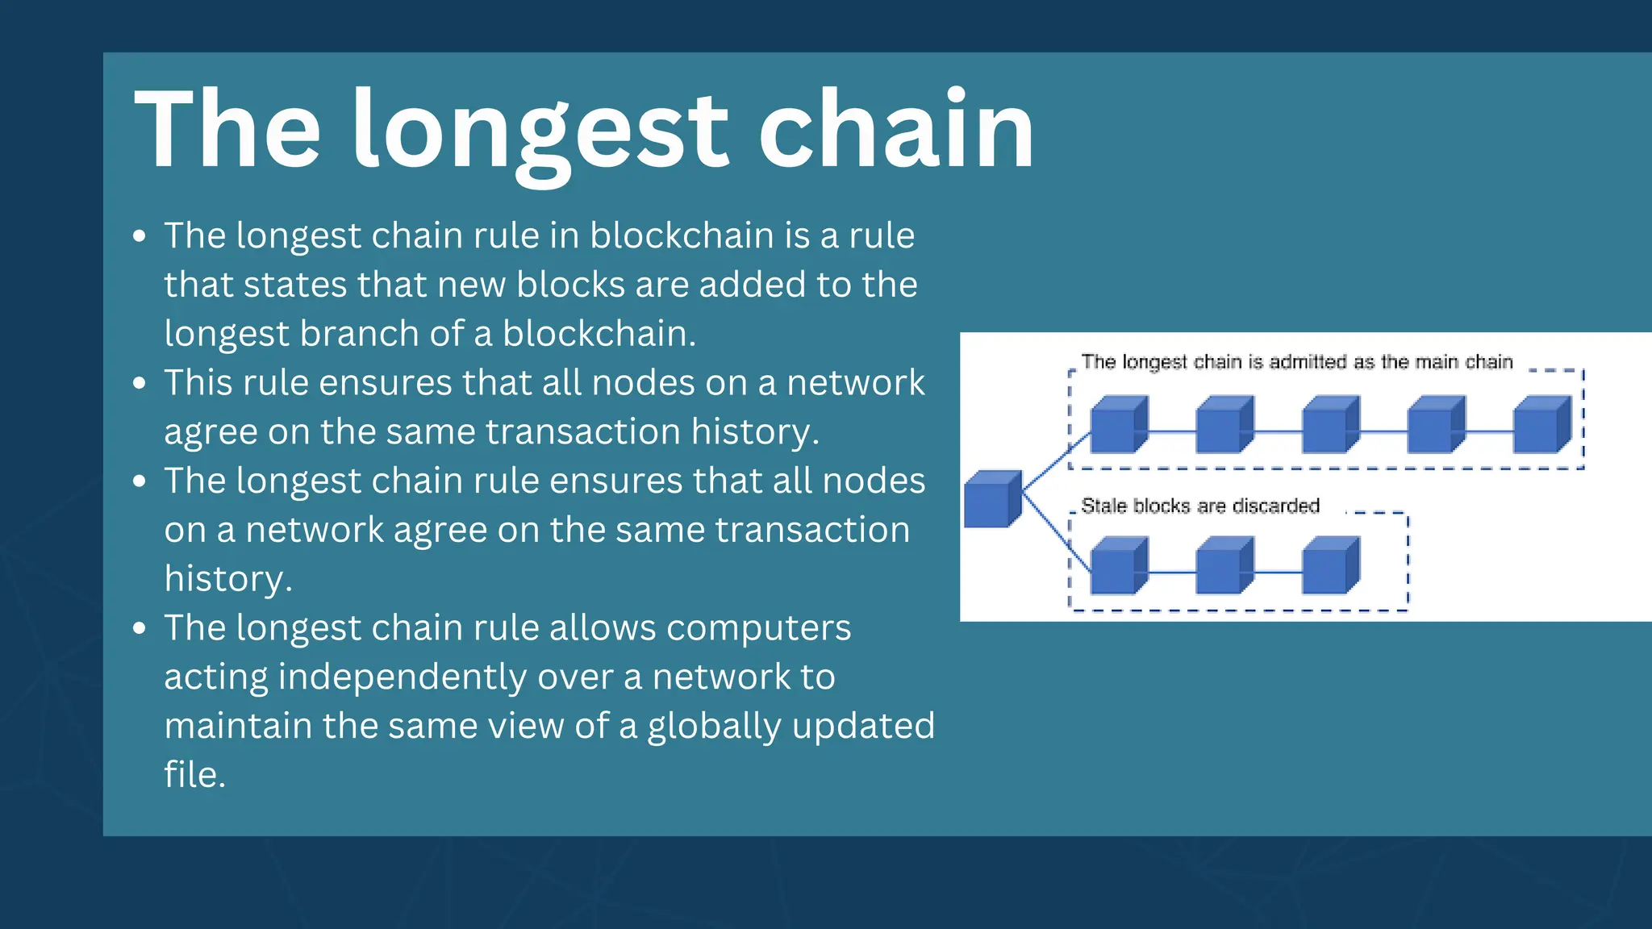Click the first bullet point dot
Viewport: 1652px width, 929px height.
coord(140,236)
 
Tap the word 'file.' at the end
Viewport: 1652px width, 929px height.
coord(194,775)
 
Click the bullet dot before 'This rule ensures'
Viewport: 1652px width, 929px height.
coord(140,383)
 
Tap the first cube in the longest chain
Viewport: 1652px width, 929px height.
coord(1117,425)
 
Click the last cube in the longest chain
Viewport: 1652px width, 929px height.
coord(1541,425)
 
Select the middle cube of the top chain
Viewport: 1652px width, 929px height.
coord(1329,425)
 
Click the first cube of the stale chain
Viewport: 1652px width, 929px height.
coord(1117,566)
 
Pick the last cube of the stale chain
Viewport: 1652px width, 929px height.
coord(1329,566)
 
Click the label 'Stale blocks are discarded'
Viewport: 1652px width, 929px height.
coord(1199,506)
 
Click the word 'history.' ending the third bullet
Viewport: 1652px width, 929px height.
coord(227,579)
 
